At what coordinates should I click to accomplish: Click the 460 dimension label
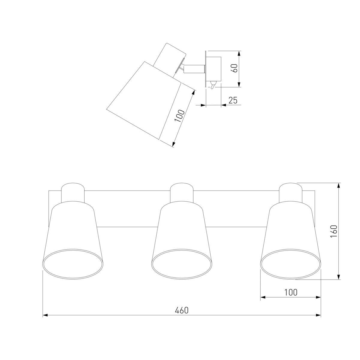(x=181, y=310)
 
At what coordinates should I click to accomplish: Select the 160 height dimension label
(x=334, y=231)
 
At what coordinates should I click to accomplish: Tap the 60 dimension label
(x=234, y=68)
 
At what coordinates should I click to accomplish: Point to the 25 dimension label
(x=233, y=100)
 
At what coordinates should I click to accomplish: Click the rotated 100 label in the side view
(x=179, y=116)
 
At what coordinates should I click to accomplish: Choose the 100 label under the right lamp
(x=291, y=292)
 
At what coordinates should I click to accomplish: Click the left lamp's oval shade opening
(x=73, y=264)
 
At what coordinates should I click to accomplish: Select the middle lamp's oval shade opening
(x=181, y=264)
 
